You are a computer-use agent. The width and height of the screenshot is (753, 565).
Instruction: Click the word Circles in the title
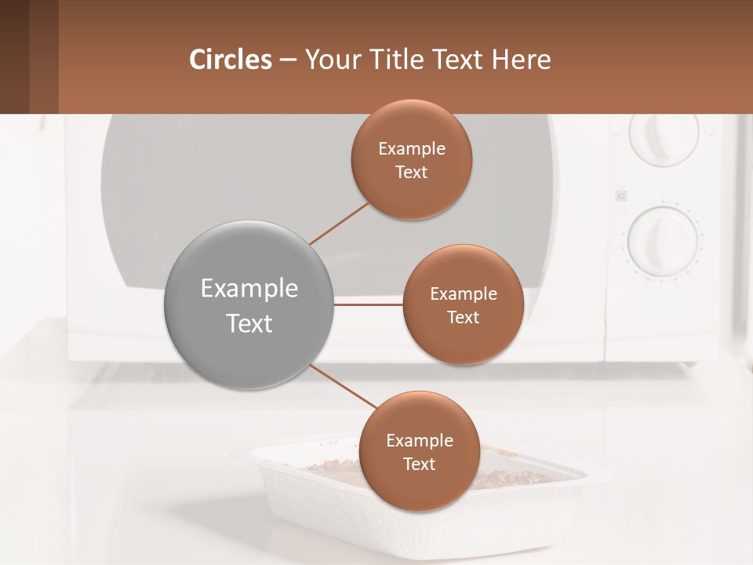(231, 60)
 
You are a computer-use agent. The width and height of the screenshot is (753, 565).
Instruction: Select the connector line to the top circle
(339, 223)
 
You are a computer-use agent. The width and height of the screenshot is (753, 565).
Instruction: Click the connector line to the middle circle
(368, 304)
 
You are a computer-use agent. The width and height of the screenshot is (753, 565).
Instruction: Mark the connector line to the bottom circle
(343, 386)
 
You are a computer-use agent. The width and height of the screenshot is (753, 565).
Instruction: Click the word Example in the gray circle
(249, 289)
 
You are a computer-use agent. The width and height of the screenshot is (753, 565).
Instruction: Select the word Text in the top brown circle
(411, 173)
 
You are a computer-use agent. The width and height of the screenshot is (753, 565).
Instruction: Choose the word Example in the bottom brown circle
(419, 441)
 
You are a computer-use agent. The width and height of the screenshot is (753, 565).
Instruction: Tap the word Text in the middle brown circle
(463, 318)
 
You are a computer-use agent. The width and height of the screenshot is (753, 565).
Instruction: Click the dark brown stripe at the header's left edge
(14, 56)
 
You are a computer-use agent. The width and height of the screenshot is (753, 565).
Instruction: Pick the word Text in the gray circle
(249, 323)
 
